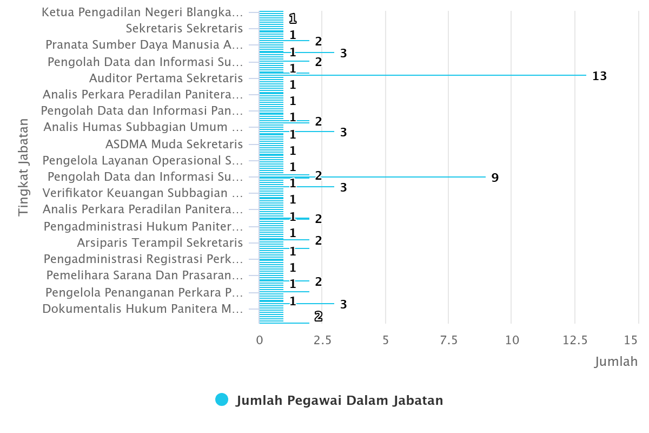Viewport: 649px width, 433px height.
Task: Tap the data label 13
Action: [599, 76]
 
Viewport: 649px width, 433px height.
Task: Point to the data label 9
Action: [495, 178]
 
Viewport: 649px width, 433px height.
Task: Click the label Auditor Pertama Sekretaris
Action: [166, 78]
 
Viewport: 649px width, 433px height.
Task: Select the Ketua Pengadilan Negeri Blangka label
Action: [142, 12]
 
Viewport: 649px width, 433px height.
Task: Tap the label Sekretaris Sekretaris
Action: [184, 29]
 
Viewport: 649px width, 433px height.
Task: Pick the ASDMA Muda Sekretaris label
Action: [174, 144]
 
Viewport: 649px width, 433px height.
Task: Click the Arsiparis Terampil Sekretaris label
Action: [160, 242]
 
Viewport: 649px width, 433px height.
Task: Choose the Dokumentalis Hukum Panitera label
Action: [143, 309]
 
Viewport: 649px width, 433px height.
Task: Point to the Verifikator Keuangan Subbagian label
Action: [143, 193]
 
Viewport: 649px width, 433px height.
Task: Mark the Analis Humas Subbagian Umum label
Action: [143, 127]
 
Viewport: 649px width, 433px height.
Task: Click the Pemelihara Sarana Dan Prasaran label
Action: [144, 275]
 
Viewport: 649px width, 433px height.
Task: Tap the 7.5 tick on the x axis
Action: [448, 340]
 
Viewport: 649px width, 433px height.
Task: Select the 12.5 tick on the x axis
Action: [574, 340]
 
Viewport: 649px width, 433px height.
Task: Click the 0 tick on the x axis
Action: [260, 340]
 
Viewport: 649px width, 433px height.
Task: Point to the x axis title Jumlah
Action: [616, 362]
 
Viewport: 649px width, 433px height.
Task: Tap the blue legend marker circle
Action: [222, 400]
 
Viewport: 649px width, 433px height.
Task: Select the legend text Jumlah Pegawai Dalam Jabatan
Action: [339, 401]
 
